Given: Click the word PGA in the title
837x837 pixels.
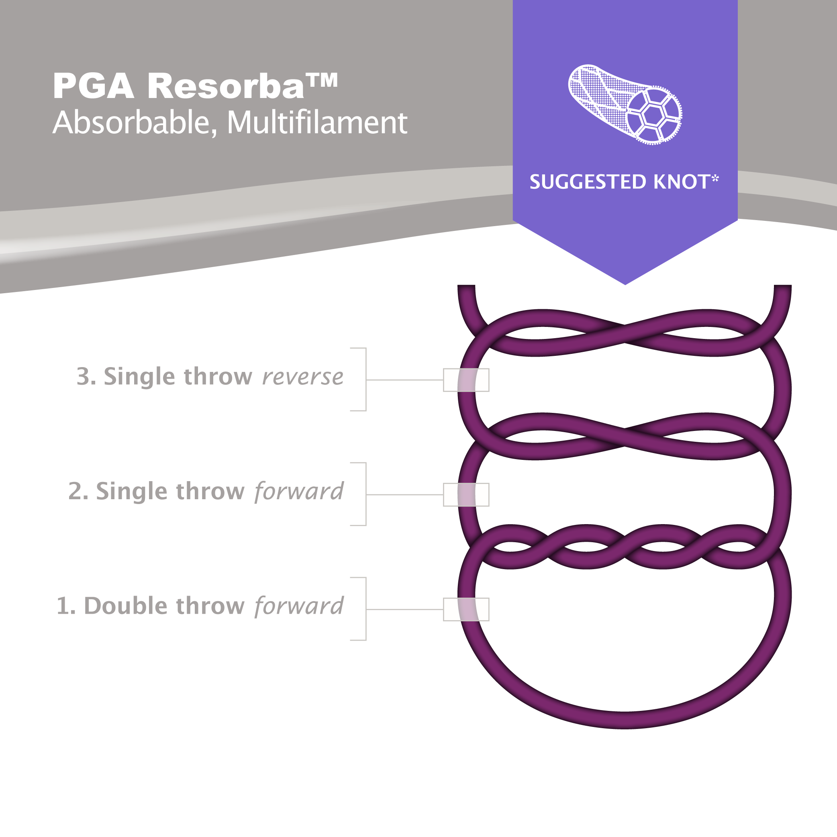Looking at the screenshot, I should (x=93, y=86).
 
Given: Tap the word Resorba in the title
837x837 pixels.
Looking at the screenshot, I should (x=225, y=86).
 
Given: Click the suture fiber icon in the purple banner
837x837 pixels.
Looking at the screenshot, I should (x=625, y=104).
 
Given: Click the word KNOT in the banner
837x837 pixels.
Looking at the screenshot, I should (x=681, y=182).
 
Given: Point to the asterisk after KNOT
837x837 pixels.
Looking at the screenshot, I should (x=715, y=178).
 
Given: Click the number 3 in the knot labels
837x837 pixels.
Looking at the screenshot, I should (x=83, y=376).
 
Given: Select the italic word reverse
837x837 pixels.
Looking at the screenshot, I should (x=302, y=377).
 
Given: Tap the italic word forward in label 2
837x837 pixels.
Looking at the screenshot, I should (x=299, y=491).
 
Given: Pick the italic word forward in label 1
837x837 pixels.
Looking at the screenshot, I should (x=299, y=606).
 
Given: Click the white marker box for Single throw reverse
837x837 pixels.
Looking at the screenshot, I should (x=466, y=380).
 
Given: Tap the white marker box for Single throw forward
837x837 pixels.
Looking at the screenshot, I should (x=466, y=495).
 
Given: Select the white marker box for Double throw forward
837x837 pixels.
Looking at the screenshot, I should (x=466, y=610).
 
